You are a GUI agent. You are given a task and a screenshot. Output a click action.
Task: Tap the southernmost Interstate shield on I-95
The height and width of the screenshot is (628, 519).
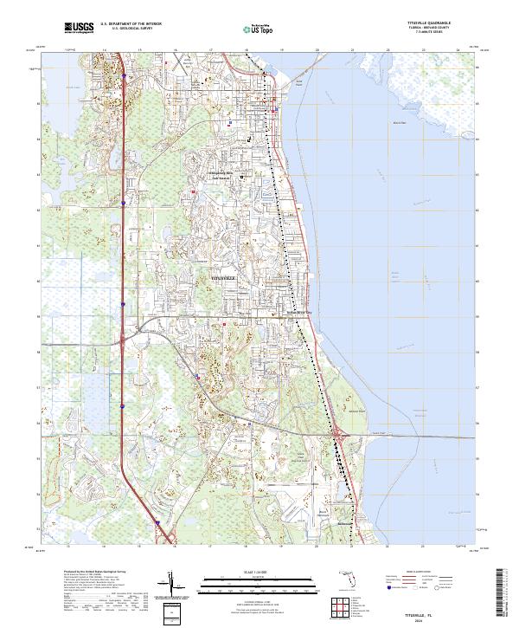point(158,522)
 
